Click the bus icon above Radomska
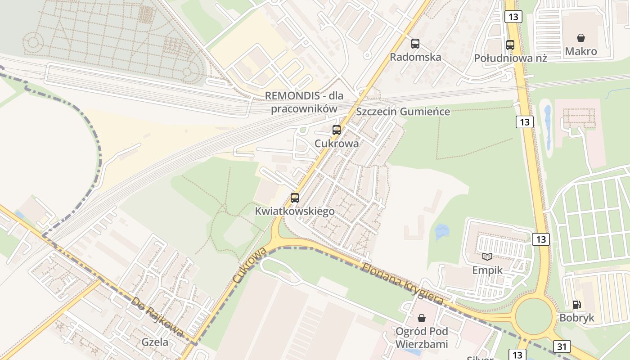click(415, 44)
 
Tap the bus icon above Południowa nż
click(510, 45)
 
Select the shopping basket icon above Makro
click(581, 37)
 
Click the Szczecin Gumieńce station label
click(403, 112)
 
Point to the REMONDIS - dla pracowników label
click(304, 102)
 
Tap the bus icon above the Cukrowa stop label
click(336, 130)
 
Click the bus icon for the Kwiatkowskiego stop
click(295, 198)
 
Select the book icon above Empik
click(487, 256)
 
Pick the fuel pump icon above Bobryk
click(576, 305)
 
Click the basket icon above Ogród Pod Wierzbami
click(421, 318)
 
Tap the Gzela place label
click(155, 342)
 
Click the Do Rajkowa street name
click(157, 316)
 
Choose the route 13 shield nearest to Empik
click(540, 239)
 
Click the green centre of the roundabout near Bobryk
click(533, 317)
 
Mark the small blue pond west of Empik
click(442, 232)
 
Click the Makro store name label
click(581, 51)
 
